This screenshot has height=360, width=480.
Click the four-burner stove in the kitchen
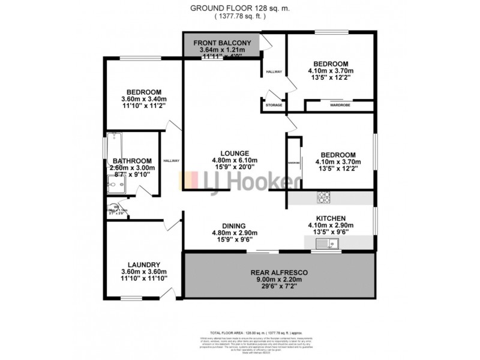(x=323, y=196)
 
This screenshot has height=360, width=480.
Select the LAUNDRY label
(x=143, y=264)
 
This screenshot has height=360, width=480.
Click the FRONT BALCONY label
(x=222, y=43)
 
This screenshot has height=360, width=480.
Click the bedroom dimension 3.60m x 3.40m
(x=143, y=99)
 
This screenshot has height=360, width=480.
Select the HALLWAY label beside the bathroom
(x=172, y=160)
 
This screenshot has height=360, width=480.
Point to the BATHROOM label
(x=131, y=161)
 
